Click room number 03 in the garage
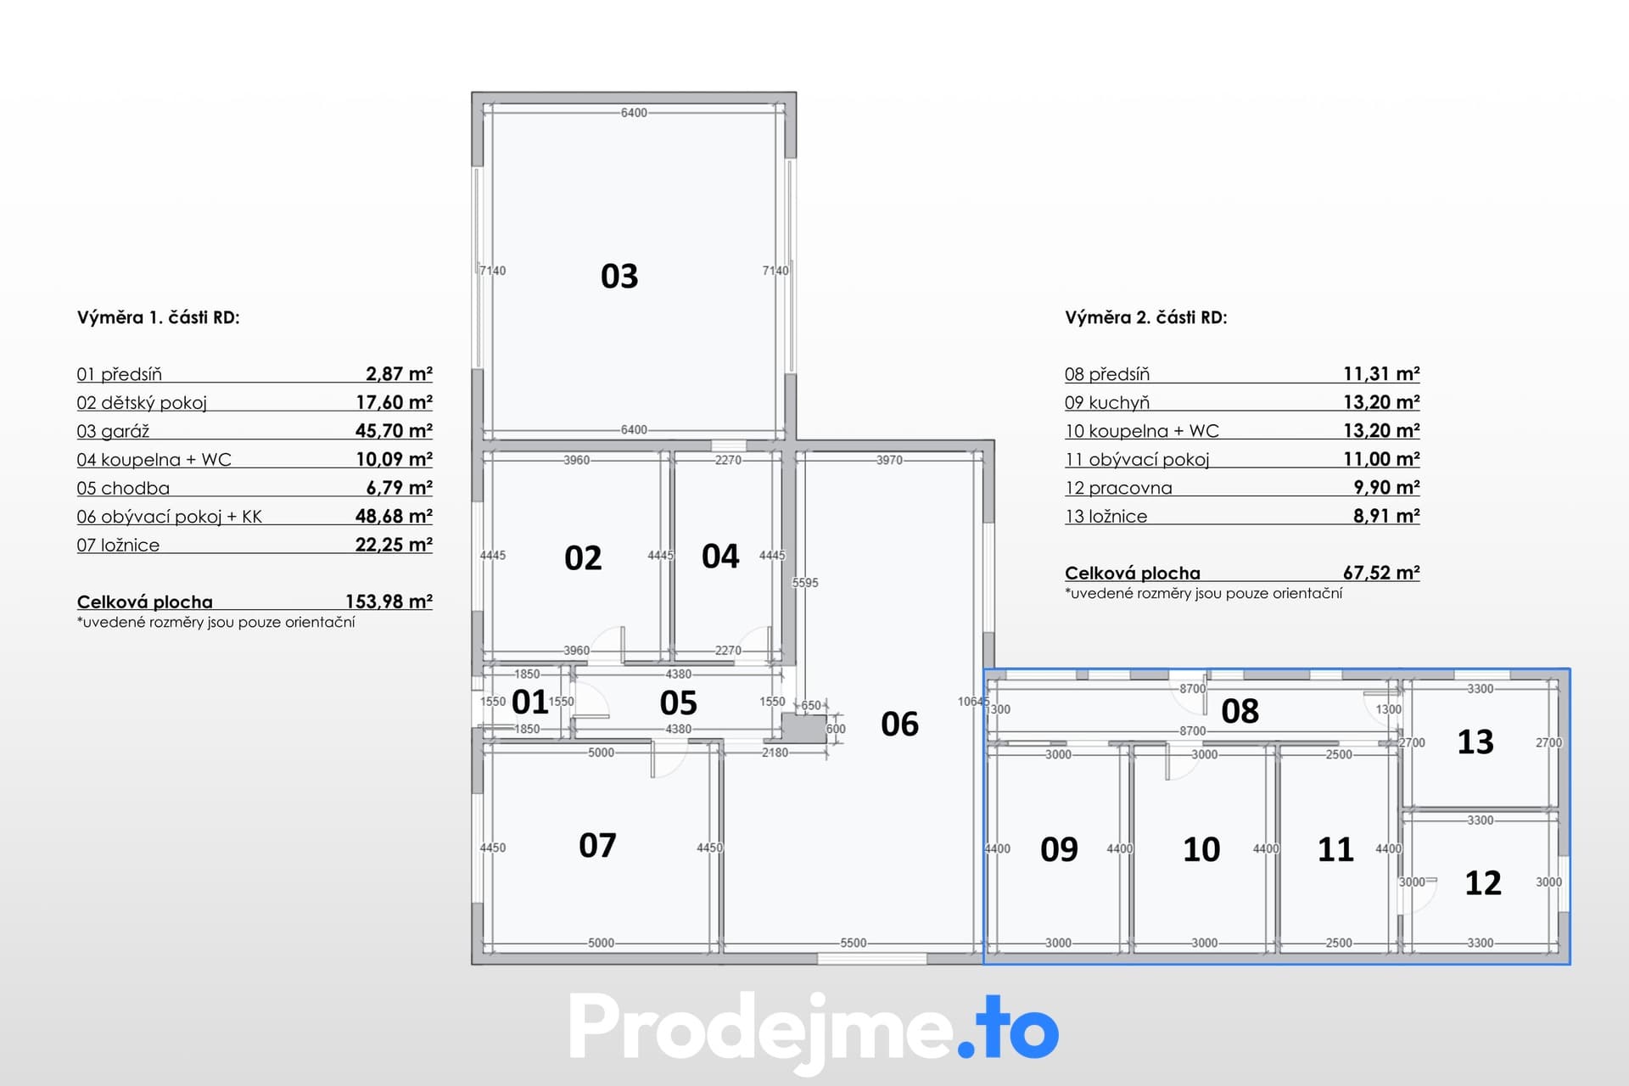pyautogui.click(x=619, y=277)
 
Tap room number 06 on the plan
pyautogui.click(x=899, y=725)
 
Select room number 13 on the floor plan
pyautogui.click(x=1475, y=742)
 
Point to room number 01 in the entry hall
pyautogui.click(x=530, y=703)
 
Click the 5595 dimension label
pyautogui.click(x=805, y=583)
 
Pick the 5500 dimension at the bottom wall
pyautogui.click(x=854, y=943)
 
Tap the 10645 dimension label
pyautogui.click(x=973, y=702)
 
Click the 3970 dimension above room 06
pyautogui.click(x=889, y=460)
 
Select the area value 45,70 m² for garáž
pyautogui.click(x=394, y=430)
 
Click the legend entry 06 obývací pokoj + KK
pyautogui.click(x=169, y=517)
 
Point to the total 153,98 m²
pyautogui.click(x=389, y=602)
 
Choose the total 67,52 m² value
pyautogui.click(x=1381, y=573)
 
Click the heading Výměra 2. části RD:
pyautogui.click(x=1145, y=317)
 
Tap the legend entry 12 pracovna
pyautogui.click(x=1118, y=488)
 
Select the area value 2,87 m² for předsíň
pyautogui.click(x=399, y=373)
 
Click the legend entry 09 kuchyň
pyautogui.click(x=1107, y=402)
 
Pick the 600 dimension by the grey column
pyautogui.click(x=836, y=729)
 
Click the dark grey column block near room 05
pyautogui.click(x=804, y=729)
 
